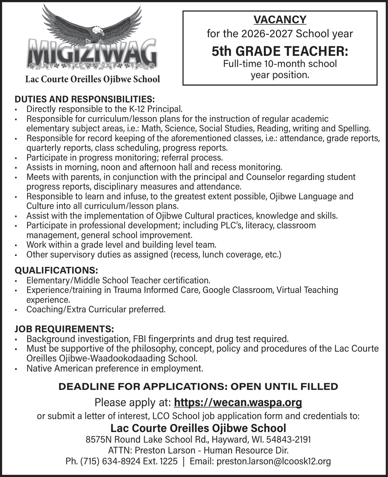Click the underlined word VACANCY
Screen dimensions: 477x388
[x=280, y=19]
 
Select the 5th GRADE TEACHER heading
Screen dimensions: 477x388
[x=280, y=52]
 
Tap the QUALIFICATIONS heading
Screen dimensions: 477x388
[x=56, y=270]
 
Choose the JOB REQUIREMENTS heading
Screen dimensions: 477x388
[x=64, y=329]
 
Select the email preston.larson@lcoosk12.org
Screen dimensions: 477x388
[x=274, y=461]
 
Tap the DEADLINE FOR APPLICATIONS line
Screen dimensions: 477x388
[x=198, y=386]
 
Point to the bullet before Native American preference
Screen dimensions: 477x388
[x=15, y=368]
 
